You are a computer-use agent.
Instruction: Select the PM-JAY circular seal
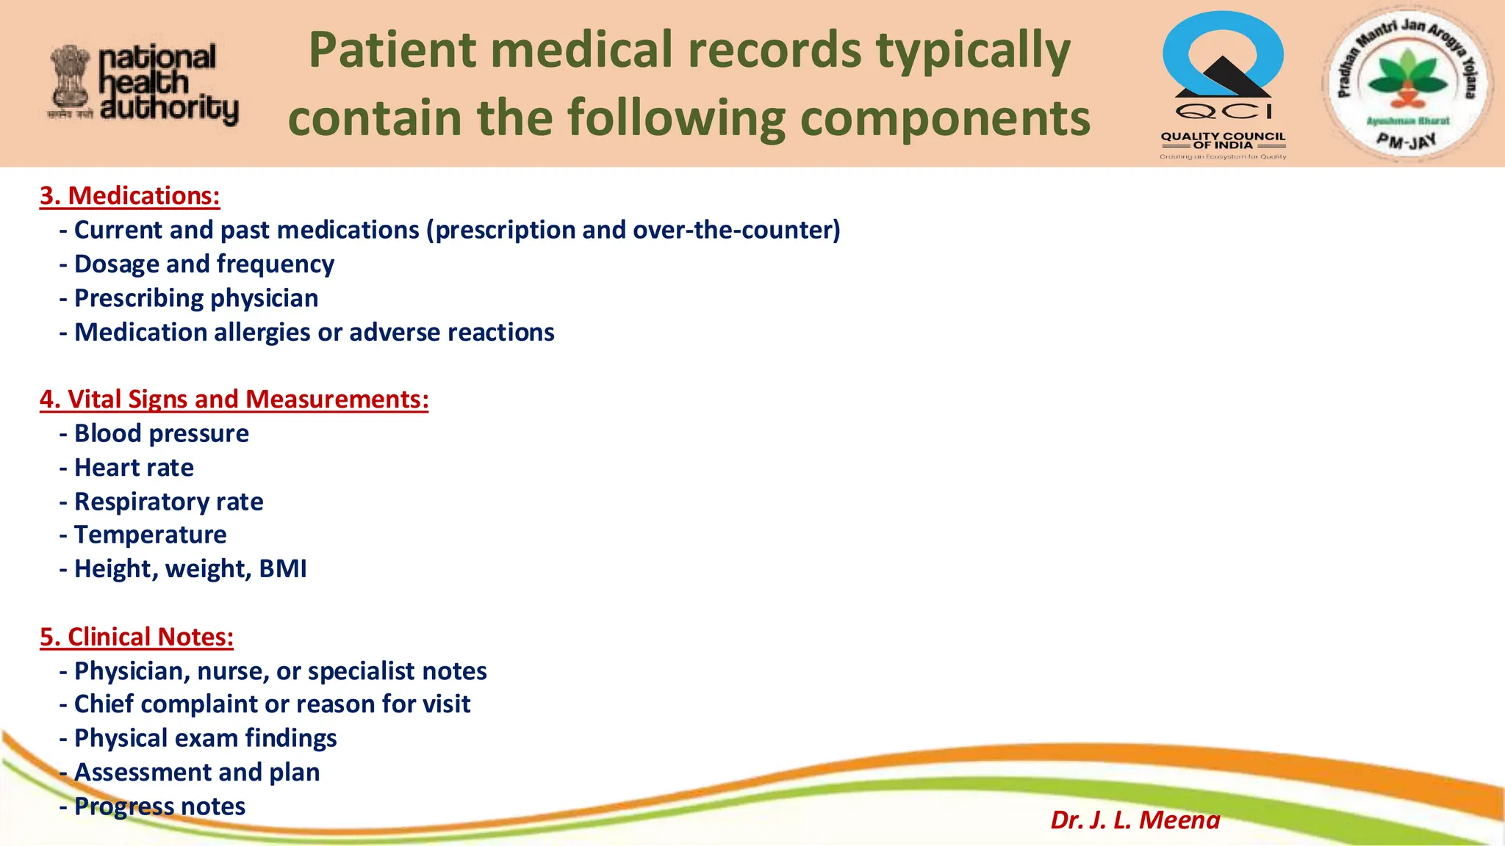[1407, 83]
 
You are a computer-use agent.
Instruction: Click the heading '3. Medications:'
[129, 196]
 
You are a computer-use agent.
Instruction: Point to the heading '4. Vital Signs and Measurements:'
[234, 399]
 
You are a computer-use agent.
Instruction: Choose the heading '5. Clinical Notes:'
[137, 637]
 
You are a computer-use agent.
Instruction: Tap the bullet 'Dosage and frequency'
[204, 264]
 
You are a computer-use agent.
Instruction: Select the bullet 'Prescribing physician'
[195, 298]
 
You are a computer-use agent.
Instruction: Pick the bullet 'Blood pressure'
[161, 433]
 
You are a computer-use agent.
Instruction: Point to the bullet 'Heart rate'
[134, 468]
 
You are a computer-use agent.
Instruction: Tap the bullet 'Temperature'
[150, 535]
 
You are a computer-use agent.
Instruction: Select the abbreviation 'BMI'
[283, 569]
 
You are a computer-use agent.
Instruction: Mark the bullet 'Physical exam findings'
[205, 738]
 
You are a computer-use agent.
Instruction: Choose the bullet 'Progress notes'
[159, 806]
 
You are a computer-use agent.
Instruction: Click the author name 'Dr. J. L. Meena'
[1135, 820]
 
